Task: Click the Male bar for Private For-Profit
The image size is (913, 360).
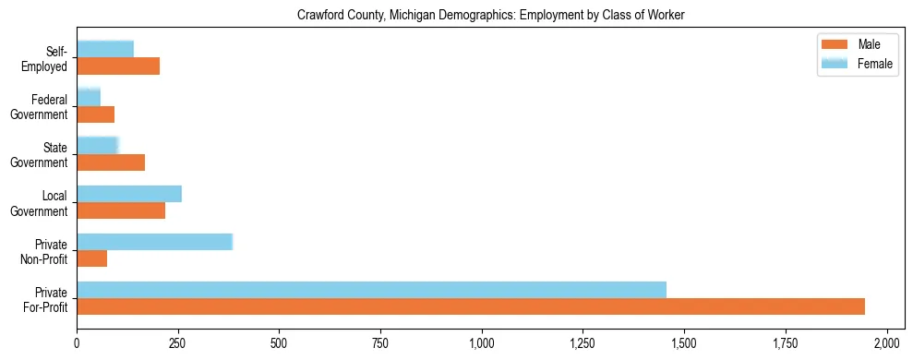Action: (x=471, y=306)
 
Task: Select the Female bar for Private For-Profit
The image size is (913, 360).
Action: (x=371, y=290)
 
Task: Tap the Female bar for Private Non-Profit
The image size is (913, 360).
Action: (x=154, y=242)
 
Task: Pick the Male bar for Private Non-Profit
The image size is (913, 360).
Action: (x=91, y=258)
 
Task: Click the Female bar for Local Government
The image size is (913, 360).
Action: (x=129, y=194)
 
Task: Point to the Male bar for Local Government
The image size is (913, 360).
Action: (x=121, y=210)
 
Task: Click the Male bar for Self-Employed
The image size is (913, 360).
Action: (x=118, y=66)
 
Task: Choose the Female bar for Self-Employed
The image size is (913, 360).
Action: (x=105, y=50)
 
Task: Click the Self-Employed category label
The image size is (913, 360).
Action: (x=49, y=58)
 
